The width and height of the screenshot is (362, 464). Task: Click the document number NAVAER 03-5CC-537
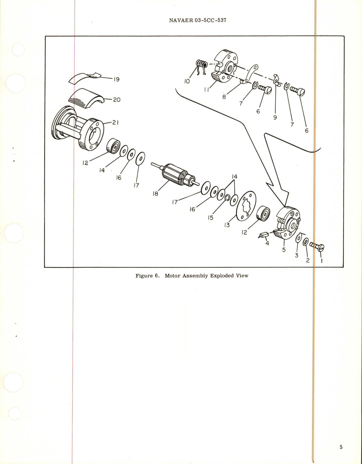(198, 20)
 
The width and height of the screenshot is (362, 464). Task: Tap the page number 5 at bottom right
(341, 447)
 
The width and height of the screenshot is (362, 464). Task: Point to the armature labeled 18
(175, 175)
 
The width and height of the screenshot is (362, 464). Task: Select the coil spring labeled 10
(202, 65)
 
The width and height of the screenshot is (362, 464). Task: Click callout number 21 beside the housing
(115, 122)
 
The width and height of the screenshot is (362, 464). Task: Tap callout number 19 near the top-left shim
(116, 79)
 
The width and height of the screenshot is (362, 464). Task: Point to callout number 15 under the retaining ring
(210, 218)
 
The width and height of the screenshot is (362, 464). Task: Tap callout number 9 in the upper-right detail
(275, 117)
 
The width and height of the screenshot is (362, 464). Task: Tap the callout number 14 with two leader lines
(234, 176)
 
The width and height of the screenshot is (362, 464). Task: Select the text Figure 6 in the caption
(147, 276)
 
